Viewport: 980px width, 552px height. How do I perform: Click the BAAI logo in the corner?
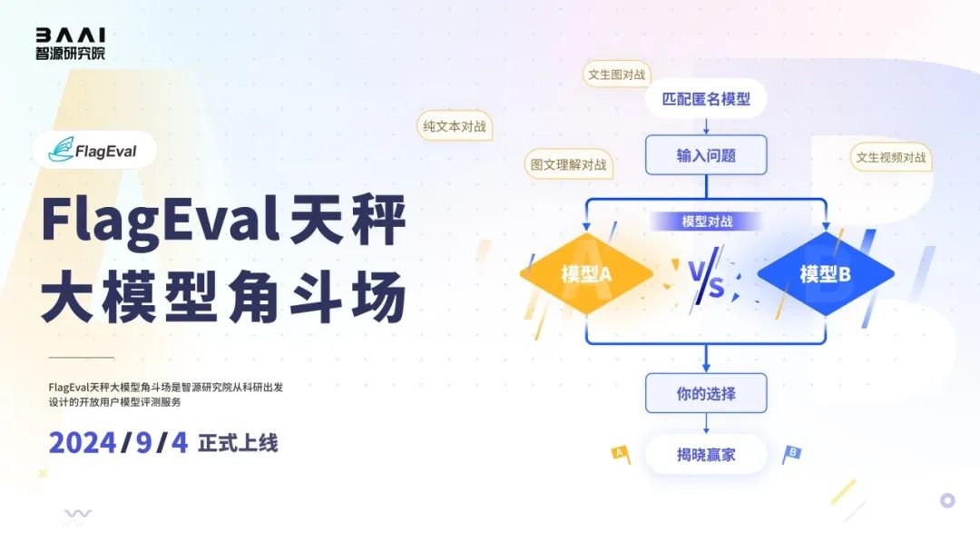click(70, 44)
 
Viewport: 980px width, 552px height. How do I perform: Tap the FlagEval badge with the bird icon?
click(94, 150)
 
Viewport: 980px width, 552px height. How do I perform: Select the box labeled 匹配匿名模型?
click(706, 99)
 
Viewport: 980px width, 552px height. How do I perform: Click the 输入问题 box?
click(706, 155)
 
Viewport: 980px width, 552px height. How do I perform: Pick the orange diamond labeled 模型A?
click(586, 273)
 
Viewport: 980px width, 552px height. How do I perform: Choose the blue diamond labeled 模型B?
click(826, 273)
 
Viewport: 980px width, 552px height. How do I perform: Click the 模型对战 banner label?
click(707, 222)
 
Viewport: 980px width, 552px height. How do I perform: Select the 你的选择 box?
click(706, 393)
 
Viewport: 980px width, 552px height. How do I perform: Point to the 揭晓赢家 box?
click(706, 455)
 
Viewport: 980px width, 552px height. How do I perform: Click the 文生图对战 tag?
click(617, 74)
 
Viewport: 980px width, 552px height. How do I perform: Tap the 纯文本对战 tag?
click(455, 126)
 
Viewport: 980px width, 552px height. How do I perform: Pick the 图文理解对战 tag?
click(569, 164)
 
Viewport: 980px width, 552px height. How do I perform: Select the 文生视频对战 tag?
click(891, 158)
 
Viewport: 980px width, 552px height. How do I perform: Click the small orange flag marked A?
click(621, 454)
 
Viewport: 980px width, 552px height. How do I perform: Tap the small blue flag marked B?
click(791, 455)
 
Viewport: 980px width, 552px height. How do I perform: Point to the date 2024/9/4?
click(119, 443)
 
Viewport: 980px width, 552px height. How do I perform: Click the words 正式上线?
click(238, 443)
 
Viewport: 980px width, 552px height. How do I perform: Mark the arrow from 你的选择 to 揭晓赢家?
click(706, 424)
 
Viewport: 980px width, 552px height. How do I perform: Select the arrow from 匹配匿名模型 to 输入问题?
click(706, 126)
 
